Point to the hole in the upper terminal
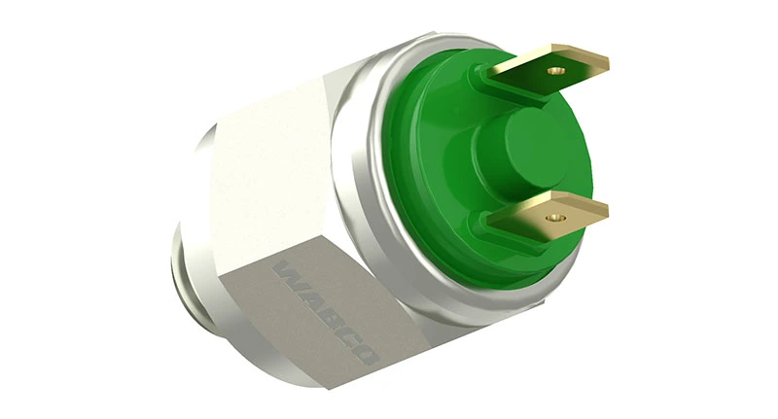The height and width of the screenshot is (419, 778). point(557,71)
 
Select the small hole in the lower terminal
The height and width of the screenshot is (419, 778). point(555,218)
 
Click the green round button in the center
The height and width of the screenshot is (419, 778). point(521,149)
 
